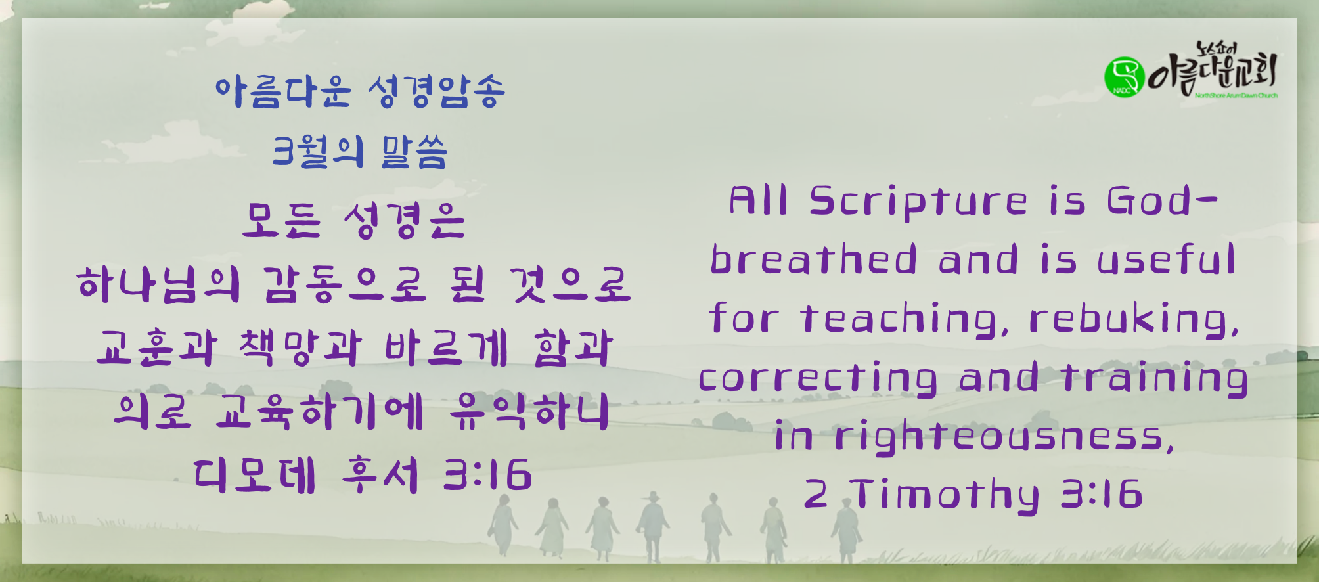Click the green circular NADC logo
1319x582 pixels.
coord(1124,76)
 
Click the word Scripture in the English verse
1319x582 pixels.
coord(918,202)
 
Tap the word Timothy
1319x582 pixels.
coord(945,494)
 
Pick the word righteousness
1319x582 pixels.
coord(1004,436)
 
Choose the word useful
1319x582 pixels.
coord(1167,259)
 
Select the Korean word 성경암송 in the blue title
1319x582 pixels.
coord(436,91)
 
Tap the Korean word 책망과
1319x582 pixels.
coord(300,347)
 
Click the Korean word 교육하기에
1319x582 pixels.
coord(319,412)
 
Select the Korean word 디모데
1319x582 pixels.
coord(255,475)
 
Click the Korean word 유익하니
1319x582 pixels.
coord(529,412)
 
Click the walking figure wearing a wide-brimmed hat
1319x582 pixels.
coord(652,526)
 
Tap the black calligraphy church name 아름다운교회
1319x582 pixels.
coord(1213,71)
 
